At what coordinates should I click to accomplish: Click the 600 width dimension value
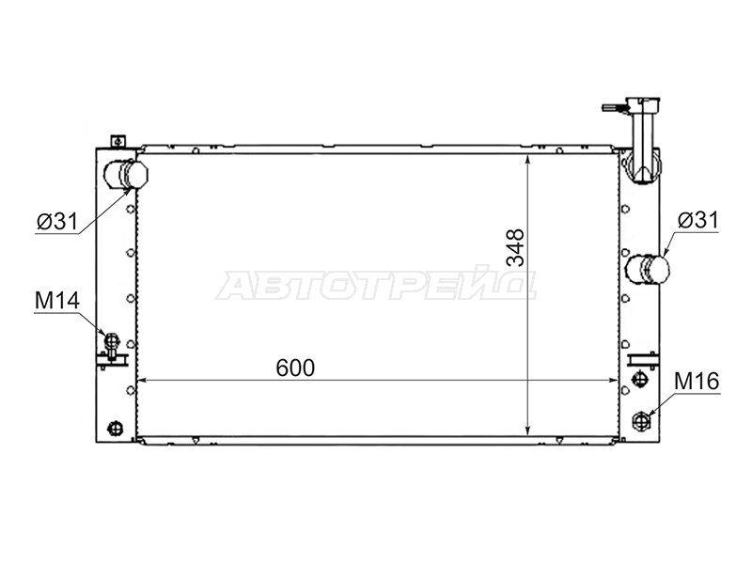pos(295,368)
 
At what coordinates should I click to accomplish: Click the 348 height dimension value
pos(516,247)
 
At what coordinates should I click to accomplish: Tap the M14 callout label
pos(57,301)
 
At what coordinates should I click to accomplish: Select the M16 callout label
pos(697,382)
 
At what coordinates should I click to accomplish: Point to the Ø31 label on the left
pos(57,222)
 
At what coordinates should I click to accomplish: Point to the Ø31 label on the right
pos(698,220)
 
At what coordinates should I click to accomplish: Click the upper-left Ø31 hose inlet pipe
pos(126,175)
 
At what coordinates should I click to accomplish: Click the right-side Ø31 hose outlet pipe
pos(649,270)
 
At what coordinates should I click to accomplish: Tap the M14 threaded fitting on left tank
pos(111,341)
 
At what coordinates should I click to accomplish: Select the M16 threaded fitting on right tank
pos(641,420)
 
